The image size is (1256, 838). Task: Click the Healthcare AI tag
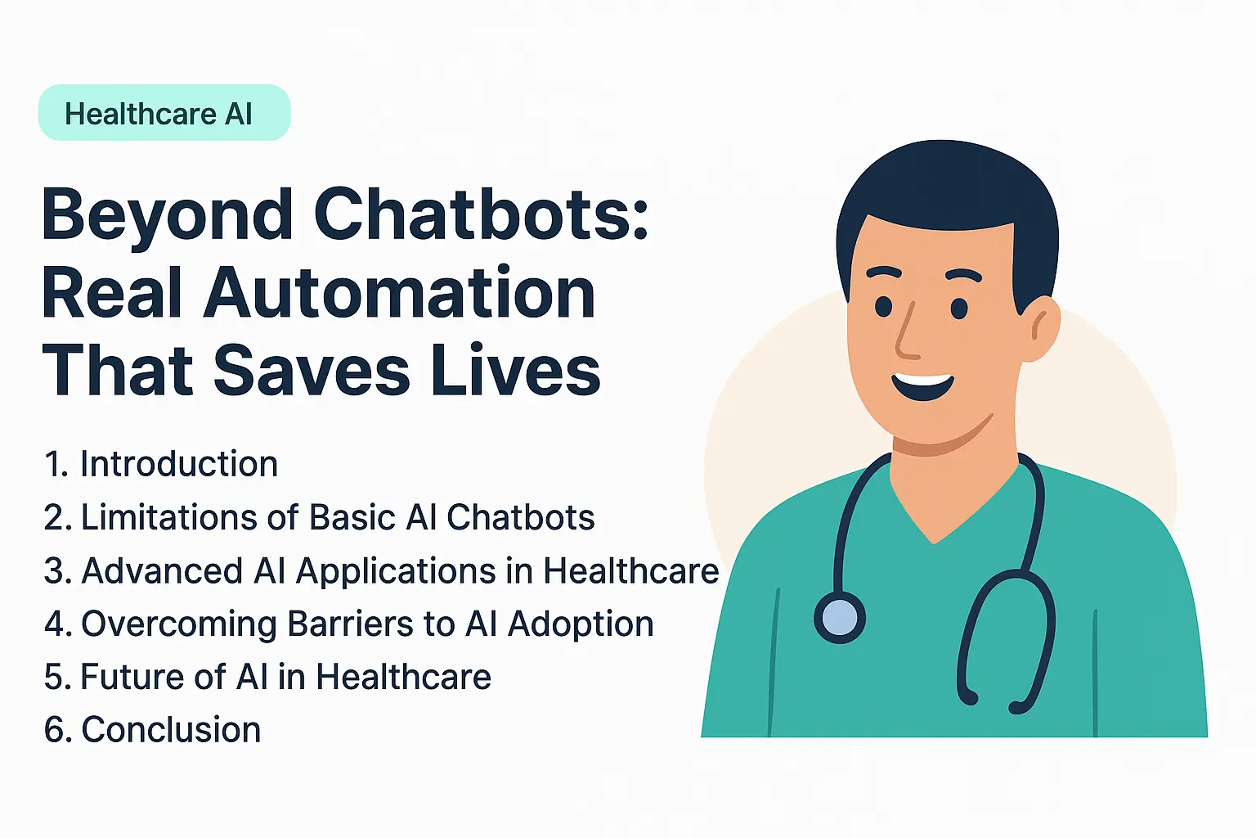(x=164, y=113)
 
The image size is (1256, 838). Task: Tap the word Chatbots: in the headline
(x=481, y=214)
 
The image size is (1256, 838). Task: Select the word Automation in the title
(x=400, y=293)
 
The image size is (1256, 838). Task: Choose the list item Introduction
(x=178, y=464)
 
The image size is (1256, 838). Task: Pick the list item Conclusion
(x=171, y=730)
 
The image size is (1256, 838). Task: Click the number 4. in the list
(x=57, y=624)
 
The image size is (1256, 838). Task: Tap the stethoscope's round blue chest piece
(x=840, y=617)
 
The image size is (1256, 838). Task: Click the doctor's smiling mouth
(x=923, y=385)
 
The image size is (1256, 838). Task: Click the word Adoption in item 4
(x=581, y=624)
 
